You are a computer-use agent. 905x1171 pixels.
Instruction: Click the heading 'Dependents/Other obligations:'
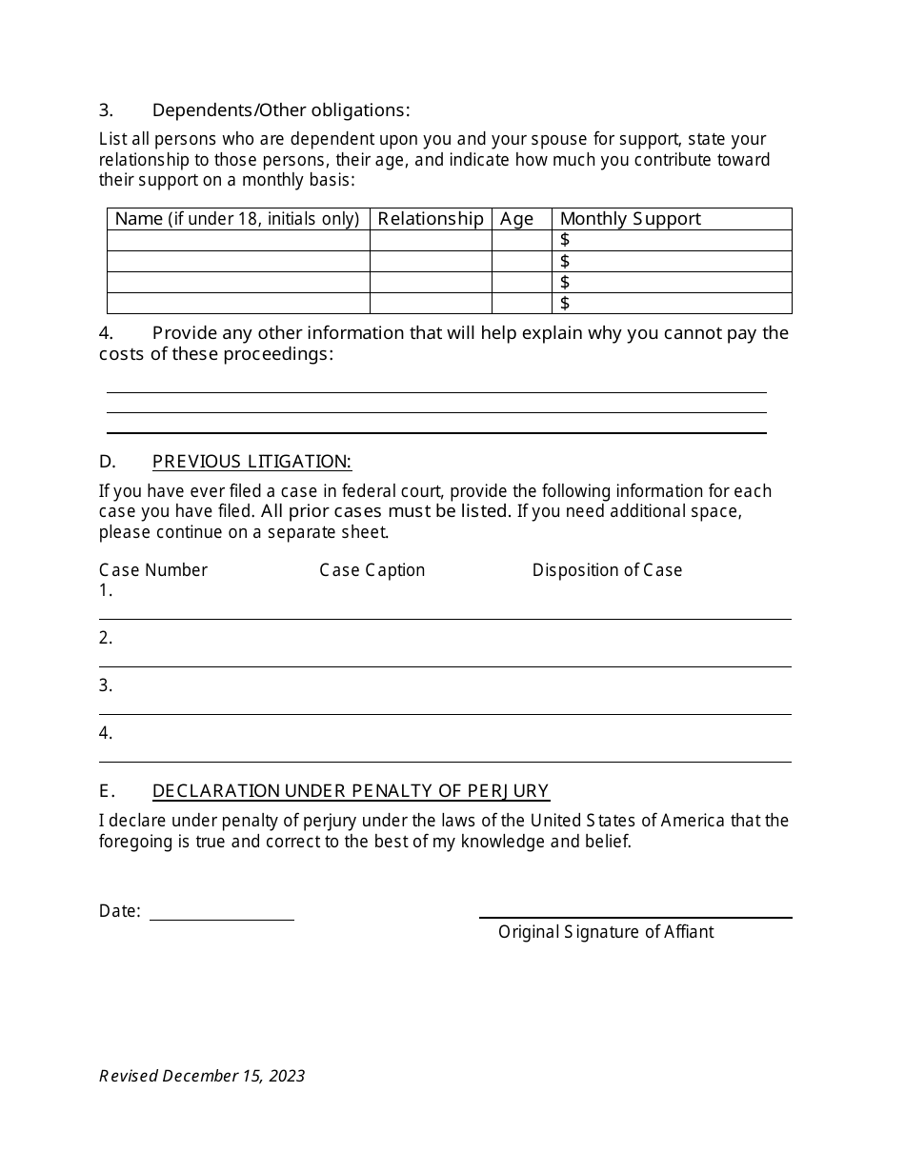pos(281,110)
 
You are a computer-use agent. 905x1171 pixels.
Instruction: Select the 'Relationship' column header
pos(431,219)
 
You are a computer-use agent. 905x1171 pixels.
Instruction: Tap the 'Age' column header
pos(516,219)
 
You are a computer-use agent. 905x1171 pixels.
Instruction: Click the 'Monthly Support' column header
pos(630,219)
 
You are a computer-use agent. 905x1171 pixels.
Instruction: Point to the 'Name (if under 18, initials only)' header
pos(237,219)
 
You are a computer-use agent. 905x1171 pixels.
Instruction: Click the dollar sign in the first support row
pos(565,240)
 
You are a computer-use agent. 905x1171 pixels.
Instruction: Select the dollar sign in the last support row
pos(565,303)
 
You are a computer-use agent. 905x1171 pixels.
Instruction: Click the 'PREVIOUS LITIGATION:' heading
pos(251,462)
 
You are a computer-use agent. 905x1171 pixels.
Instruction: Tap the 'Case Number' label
pos(153,570)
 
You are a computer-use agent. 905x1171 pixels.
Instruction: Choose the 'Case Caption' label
pos(372,570)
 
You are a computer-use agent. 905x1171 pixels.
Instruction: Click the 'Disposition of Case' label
pos(607,570)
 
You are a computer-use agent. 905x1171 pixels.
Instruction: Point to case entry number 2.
pos(106,638)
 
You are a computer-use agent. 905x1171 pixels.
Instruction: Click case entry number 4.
pos(106,733)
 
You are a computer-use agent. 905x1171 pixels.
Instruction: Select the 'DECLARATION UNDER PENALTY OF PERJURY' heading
pos(351,791)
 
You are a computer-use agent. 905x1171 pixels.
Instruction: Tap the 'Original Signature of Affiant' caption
pos(606,932)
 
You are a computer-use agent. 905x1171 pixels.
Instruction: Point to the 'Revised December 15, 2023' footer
pos(202,1076)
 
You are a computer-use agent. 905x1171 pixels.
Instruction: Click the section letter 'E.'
pos(107,791)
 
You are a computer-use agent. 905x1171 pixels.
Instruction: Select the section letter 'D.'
pos(107,462)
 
